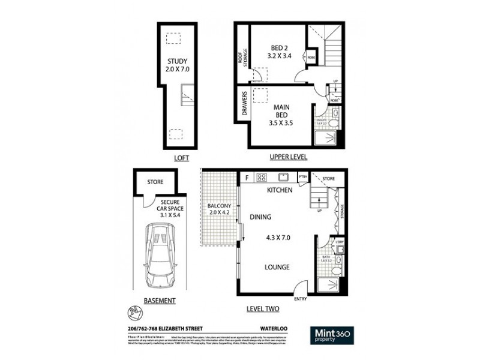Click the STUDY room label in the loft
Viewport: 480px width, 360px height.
pos(178,61)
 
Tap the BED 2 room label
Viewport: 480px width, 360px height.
pos(278,49)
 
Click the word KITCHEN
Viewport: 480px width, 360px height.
pos(280,190)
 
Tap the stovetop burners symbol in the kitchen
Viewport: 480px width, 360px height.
pos(262,177)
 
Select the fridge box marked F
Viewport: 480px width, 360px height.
pos(246,178)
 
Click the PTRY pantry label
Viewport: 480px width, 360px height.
pos(303,178)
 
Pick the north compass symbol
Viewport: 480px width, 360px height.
pos(134,312)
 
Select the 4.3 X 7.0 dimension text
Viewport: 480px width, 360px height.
pos(278,238)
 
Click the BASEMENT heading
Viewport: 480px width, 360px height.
pos(160,301)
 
